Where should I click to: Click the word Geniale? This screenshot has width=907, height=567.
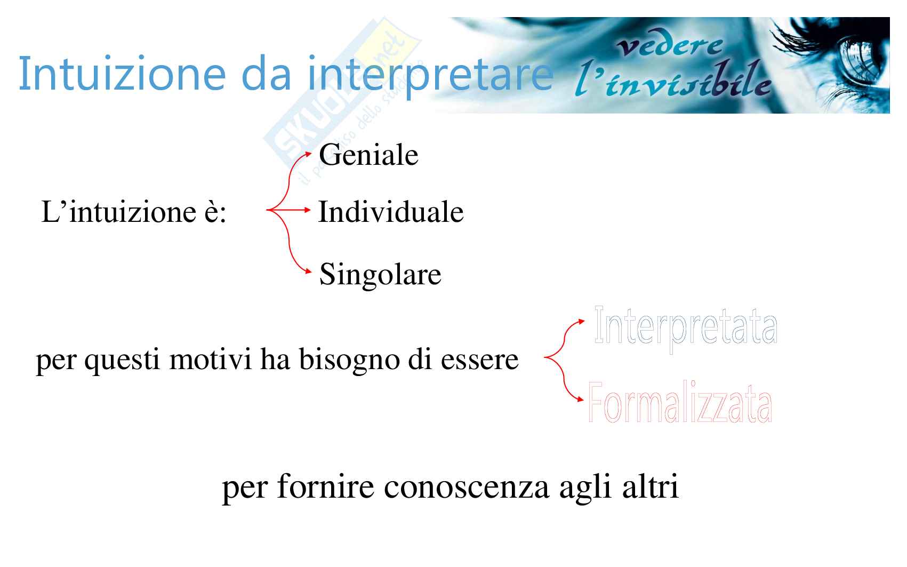[x=368, y=155]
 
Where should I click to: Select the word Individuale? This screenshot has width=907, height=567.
[x=391, y=211]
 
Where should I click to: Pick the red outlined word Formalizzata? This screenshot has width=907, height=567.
[x=680, y=402]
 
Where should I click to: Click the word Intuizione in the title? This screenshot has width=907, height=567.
[x=122, y=74]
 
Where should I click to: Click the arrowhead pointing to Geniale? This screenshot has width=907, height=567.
[x=308, y=154]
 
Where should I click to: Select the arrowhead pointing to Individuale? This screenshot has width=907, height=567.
[x=307, y=210]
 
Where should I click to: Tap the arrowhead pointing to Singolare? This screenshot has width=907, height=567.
[x=308, y=271]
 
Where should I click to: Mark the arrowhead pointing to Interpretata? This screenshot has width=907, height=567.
[x=581, y=322]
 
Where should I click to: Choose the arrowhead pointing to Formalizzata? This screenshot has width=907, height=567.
[x=581, y=400]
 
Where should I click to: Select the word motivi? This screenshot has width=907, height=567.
[x=211, y=359]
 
